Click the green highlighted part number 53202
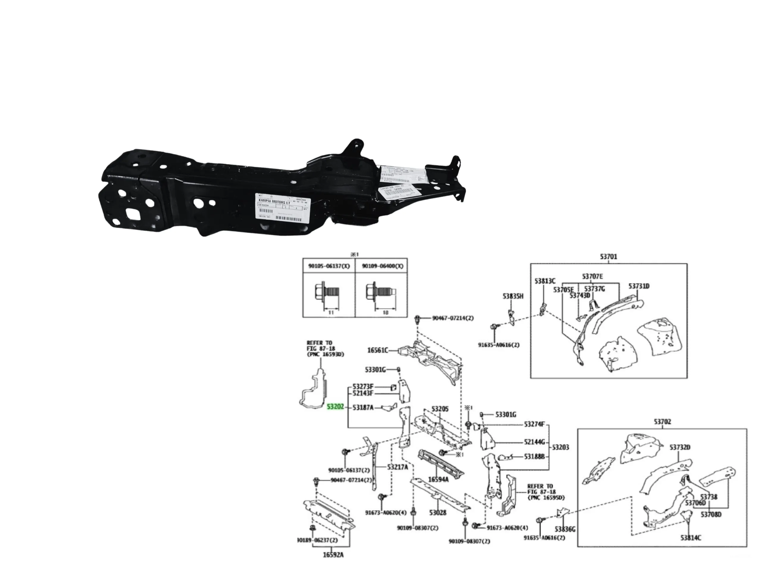(x=335, y=407)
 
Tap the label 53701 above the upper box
(x=608, y=257)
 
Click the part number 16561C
(x=377, y=350)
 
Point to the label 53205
(x=440, y=409)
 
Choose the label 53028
(x=438, y=513)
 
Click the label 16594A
(x=438, y=479)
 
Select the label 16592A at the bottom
(x=333, y=555)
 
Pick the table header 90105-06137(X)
(x=329, y=266)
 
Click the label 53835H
(x=513, y=296)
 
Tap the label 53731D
(x=639, y=286)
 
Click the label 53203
(x=560, y=448)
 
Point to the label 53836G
(x=565, y=529)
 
